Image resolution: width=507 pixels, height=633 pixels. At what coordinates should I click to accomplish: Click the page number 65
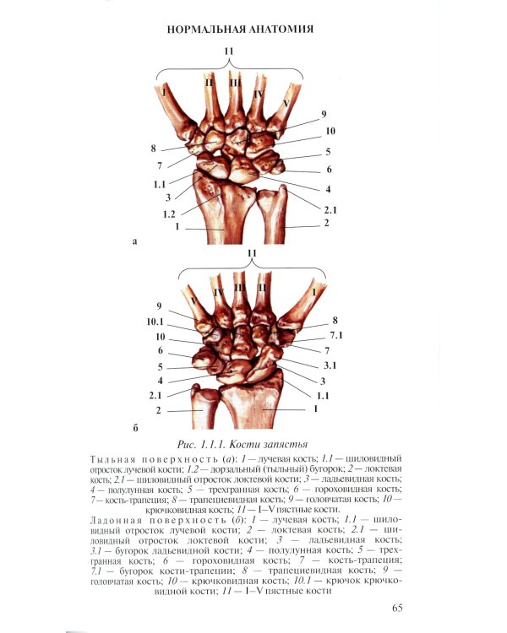pyautogui.click(x=397, y=608)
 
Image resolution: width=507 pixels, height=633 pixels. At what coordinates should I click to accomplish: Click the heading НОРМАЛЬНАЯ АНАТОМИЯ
pyautogui.click(x=240, y=29)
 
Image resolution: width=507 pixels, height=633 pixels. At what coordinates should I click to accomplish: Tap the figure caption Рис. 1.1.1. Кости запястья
pyautogui.click(x=243, y=445)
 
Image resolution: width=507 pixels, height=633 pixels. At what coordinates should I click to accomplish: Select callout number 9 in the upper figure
pyautogui.click(x=324, y=114)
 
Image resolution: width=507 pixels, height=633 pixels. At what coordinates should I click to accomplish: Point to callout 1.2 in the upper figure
pyautogui.click(x=169, y=214)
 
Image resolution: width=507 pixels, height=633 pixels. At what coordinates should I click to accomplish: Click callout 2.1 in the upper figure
pyautogui.click(x=330, y=210)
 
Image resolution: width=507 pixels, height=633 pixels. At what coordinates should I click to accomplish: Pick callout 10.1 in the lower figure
pyautogui.click(x=155, y=322)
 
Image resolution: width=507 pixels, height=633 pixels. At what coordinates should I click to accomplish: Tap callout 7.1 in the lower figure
pyautogui.click(x=336, y=335)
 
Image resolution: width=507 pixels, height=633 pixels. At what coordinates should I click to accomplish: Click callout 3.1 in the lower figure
pyautogui.click(x=330, y=365)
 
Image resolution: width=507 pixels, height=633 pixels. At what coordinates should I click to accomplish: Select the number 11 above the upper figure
pyautogui.click(x=229, y=51)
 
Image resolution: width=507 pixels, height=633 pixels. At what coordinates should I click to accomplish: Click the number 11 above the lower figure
pyautogui.click(x=252, y=252)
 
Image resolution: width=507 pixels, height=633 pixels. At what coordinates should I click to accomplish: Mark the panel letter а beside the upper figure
pyautogui.click(x=135, y=242)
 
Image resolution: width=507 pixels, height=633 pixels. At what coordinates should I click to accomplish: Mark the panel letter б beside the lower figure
pyautogui.click(x=135, y=428)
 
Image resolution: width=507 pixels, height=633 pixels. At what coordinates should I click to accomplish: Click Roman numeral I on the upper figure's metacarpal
pyautogui.click(x=164, y=93)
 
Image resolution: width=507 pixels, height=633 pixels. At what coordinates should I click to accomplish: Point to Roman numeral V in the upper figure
pyautogui.click(x=286, y=104)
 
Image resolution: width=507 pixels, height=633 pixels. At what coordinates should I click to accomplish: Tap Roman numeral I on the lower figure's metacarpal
pyautogui.click(x=314, y=291)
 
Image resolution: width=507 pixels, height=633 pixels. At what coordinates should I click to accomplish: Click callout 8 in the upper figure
pyautogui.click(x=153, y=149)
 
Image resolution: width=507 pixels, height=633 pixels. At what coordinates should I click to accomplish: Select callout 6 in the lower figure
pyautogui.click(x=160, y=350)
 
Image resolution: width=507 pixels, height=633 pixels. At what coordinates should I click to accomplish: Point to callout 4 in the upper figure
pyautogui.click(x=329, y=188)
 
